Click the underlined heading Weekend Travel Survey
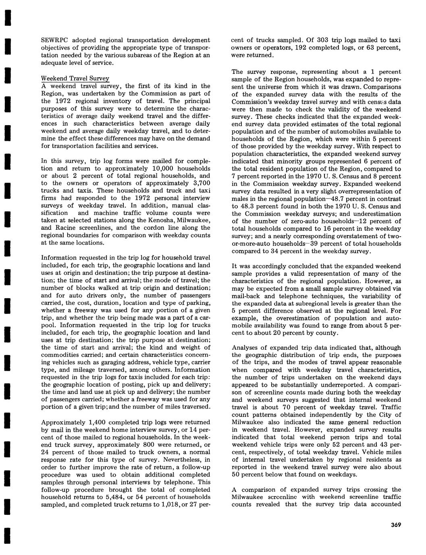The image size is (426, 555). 75,78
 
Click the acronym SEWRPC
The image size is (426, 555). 55,40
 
